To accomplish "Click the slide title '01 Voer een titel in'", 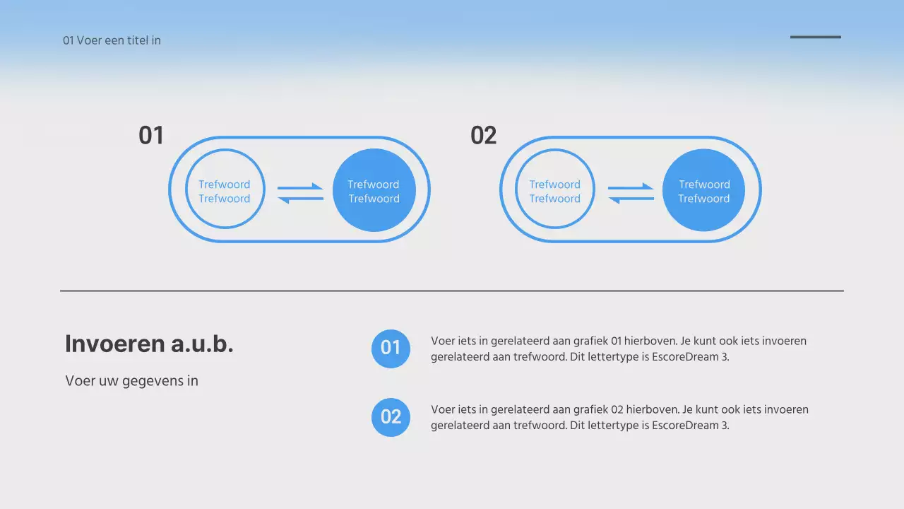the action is point(112,40).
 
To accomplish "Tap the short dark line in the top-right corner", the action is point(815,37).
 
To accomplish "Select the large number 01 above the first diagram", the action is point(150,135).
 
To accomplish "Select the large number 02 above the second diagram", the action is point(483,135).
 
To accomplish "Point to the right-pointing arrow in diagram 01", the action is point(301,187).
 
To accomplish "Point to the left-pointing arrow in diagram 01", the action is point(300,199).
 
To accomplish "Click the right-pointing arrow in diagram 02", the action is point(631,187).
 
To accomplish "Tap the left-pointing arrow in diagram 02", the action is point(631,199).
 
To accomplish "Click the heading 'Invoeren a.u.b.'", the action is point(149,344).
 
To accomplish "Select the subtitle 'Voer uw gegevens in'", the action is point(131,381).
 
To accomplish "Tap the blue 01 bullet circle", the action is point(391,348).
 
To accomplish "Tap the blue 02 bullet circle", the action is point(391,416).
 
